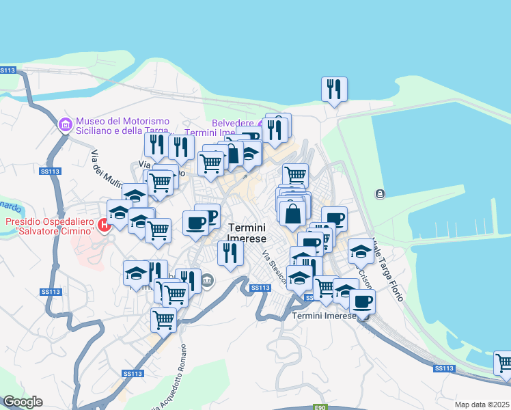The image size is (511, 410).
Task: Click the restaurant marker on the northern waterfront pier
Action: (334, 89)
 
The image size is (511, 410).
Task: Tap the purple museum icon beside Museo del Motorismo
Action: (66, 124)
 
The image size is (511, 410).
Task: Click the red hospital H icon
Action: (104, 225)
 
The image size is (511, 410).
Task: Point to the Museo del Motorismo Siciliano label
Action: (123, 126)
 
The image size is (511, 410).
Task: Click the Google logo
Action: (23, 402)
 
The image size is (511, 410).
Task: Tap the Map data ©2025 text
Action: (482, 405)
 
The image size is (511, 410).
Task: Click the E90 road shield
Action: (320, 407)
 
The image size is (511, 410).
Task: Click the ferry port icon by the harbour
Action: (379, 195)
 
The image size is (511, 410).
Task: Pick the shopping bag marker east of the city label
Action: (292, 213)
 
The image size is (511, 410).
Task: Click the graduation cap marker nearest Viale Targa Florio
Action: (361, 251)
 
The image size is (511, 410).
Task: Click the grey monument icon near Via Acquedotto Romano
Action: (208, 279)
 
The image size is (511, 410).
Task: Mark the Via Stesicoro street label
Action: (274, 269)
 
